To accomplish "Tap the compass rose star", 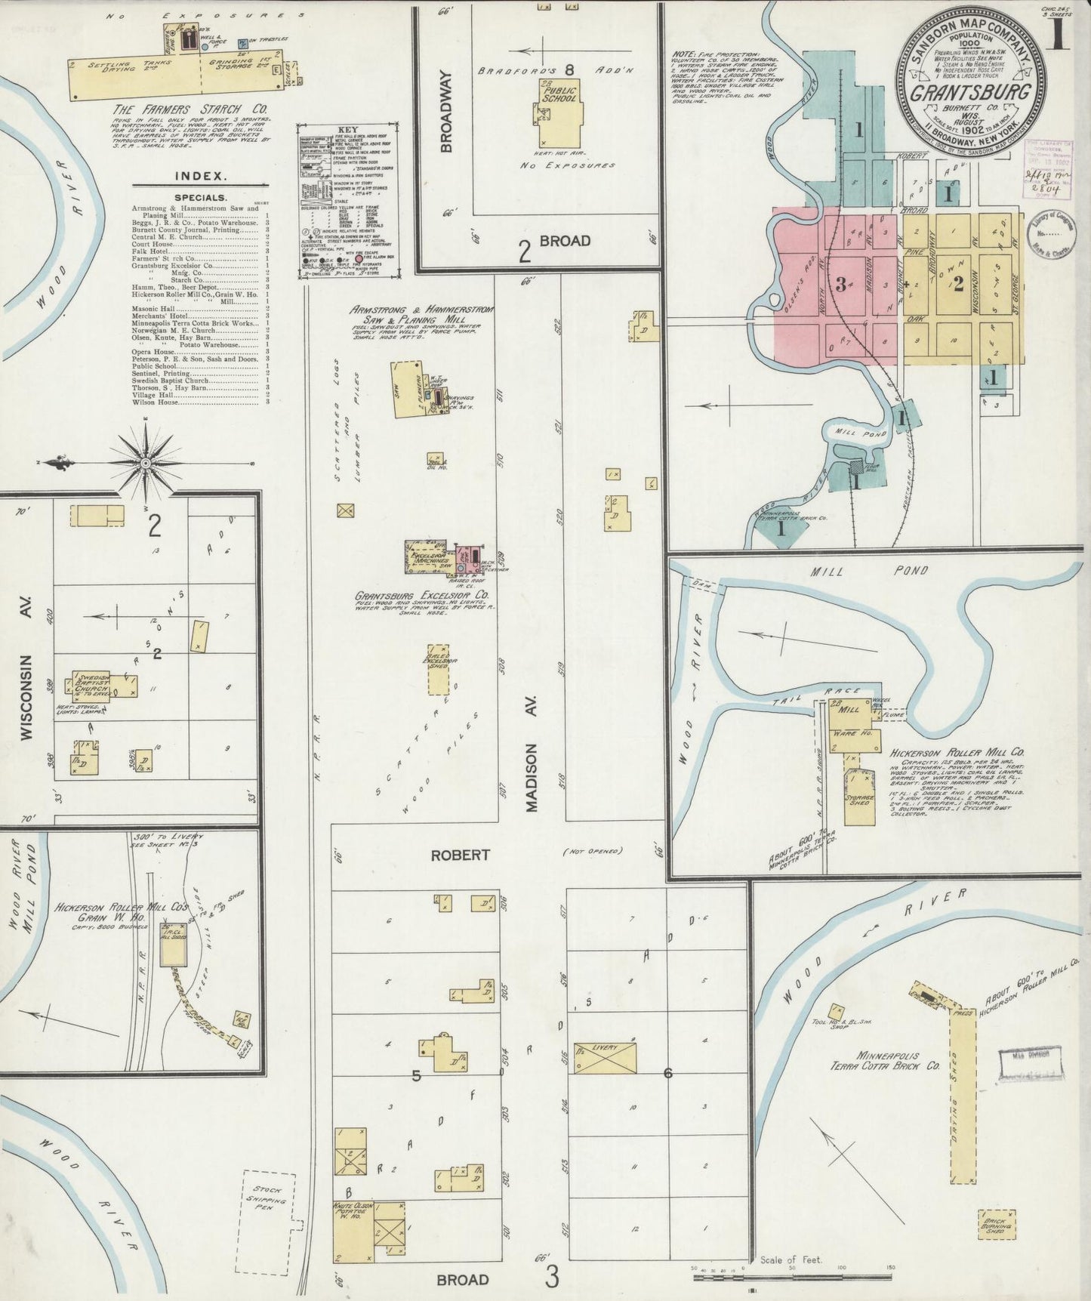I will (x=144, y=461).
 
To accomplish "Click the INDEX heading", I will (x=201, y=176).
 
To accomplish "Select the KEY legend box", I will (x=348, y=201).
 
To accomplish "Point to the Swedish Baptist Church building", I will (x=92, y=686).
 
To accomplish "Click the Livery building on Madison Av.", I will (x=605, y=1057).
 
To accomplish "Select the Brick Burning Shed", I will (x=996, y=1222).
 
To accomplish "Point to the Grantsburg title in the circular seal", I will (x=970, y=94).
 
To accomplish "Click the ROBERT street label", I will (x=460, y=855).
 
